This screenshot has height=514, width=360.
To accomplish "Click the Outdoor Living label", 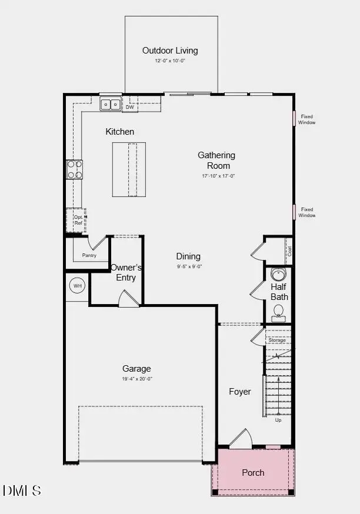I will tap(170, 51).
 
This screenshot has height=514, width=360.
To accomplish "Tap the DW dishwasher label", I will tap(130, 107).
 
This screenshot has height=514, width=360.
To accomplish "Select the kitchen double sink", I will tap(110, 105).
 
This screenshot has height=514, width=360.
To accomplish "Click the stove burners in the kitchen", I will tap(74, 169).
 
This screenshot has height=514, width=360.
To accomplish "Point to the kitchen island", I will tap(129, 169).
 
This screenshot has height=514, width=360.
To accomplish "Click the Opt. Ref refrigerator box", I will tap(76, 220).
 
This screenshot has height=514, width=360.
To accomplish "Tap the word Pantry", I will tap(89, 255).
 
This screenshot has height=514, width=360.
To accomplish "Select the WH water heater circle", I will tap(77, 286).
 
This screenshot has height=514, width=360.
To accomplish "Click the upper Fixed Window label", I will tap(306, 119).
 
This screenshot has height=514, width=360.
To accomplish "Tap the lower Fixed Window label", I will tap(306, 212).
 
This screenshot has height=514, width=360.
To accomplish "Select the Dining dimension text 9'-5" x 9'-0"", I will tap(188, 266).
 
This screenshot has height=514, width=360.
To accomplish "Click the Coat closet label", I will tap(289, 251).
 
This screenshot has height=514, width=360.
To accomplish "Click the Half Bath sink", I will tap(278, 275).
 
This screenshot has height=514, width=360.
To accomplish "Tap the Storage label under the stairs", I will tap(277, 341).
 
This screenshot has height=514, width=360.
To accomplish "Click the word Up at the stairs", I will tap(278, 420).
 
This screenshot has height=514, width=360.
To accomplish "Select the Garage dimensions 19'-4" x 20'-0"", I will tap(136, 379).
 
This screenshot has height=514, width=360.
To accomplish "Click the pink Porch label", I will tap(253, 472).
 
